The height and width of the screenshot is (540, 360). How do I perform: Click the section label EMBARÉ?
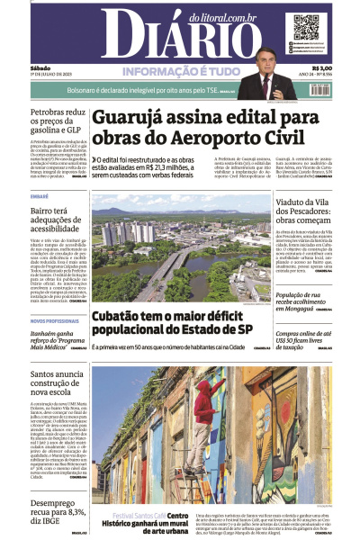coord(40,195)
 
